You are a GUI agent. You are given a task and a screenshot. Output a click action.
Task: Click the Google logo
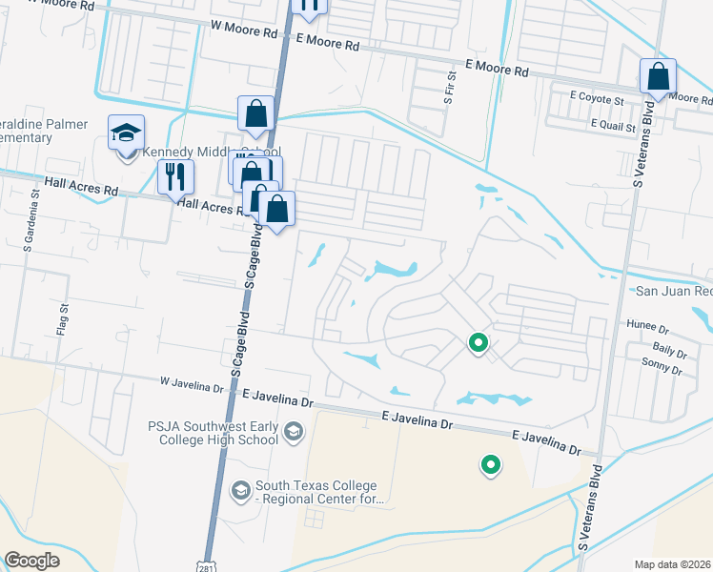[x=31, y=561]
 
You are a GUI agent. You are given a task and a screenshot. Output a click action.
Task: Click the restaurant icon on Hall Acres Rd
[x=175, y=175]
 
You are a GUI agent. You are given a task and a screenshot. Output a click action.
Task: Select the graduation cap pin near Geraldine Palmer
[x=126, y=133]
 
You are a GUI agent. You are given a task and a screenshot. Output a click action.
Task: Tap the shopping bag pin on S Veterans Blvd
[x=658, y=77]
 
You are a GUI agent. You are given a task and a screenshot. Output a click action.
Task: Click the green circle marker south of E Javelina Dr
[x=491, y=465]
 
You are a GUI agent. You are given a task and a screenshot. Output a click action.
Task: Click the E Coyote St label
[x=597, y=98]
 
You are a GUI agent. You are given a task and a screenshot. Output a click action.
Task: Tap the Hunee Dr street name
[x=648, y=326]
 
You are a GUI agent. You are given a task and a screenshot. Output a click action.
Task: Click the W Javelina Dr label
[x=191, y=384]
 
